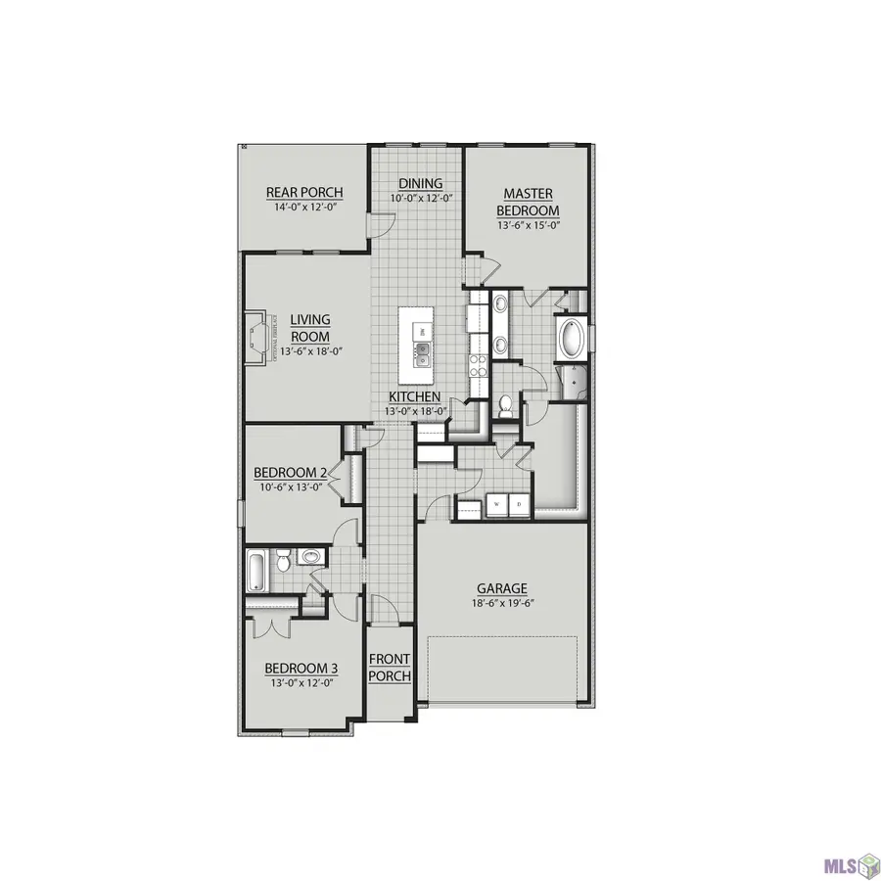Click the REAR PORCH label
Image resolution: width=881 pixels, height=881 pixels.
(303, 192)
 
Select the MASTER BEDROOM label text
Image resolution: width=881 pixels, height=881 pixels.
(528, 203)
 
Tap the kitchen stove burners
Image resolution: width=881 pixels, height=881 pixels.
(479, 365)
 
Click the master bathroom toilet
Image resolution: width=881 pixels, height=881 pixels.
(505, 404)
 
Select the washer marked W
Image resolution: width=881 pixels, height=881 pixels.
(495, 504)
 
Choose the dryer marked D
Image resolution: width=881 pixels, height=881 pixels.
(519, 504)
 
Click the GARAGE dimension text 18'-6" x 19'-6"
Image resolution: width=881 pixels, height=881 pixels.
(501, 604)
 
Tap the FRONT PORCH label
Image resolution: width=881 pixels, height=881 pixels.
(390, 668)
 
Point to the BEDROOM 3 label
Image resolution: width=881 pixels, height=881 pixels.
(301, 670)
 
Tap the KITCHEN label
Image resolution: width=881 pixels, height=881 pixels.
(415, 396)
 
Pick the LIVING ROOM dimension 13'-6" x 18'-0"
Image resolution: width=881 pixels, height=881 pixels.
(304, 351)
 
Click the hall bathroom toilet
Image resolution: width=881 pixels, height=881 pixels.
(282, 561)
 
